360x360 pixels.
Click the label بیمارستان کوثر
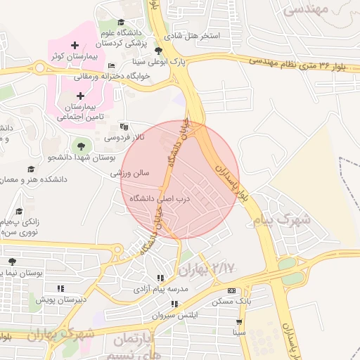67,56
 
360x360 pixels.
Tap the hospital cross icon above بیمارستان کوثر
75,45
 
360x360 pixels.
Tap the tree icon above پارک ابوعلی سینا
159,51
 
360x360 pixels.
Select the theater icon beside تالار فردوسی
124,127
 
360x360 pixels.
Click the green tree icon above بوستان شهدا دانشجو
81,146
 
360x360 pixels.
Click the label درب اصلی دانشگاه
160,199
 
